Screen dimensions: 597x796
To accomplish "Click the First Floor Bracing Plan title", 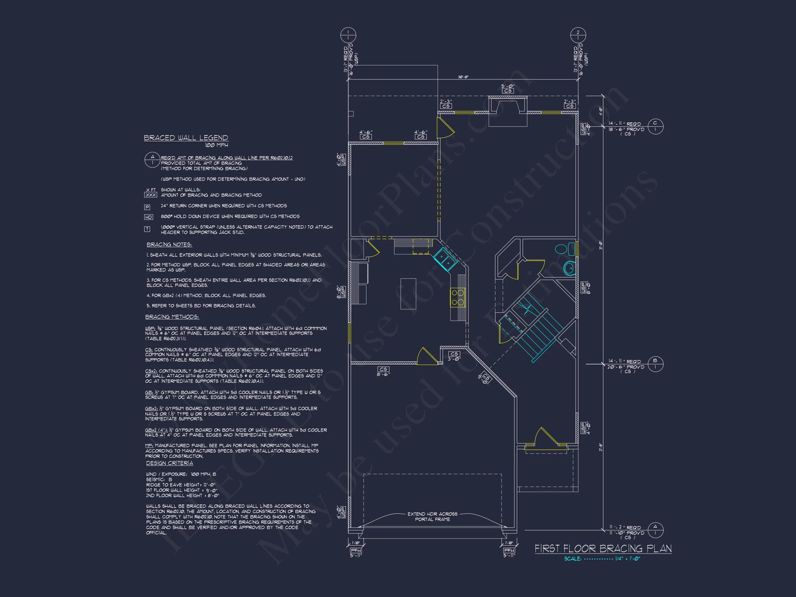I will (603, 548).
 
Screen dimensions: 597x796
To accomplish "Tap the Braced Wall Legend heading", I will (186, 138).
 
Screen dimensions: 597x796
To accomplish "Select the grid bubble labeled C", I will (655, 126).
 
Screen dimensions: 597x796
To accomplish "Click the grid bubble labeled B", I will (655, 364).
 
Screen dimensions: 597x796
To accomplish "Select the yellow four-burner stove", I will (458, 297).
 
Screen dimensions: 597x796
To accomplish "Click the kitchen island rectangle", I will (408, 294).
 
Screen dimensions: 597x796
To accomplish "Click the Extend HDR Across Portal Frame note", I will (432, 517).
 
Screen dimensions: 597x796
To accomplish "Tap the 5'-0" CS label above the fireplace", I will (508, 88).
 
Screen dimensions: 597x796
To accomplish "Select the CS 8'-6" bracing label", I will (383, 371).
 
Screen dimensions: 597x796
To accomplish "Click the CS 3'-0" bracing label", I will (454, 356).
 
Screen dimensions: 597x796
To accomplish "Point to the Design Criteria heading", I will (170, 463).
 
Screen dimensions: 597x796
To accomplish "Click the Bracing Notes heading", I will (169, 245).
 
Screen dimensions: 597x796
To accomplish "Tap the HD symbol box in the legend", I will (148, 217).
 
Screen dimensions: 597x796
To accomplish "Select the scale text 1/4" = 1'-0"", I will (627, 559).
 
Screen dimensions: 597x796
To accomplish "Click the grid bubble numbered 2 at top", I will (578, 36).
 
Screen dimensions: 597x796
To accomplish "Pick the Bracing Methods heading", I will (172, 317).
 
